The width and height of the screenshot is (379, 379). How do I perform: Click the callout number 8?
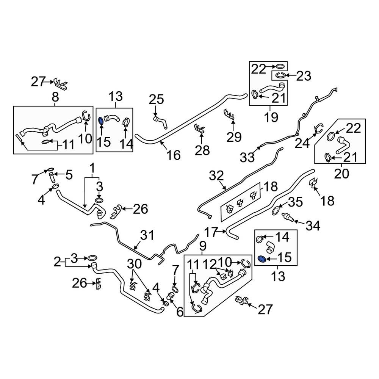(x=55, y=97)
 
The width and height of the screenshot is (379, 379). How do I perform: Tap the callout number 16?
(x=173, y=155)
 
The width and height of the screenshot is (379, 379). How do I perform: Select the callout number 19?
(x=271, y=117)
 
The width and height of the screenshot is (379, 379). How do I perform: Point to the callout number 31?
(x=147, y=235)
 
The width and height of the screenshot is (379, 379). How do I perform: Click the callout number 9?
(x=203, y=246)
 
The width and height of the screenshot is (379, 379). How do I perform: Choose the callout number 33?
(x=247, y=158)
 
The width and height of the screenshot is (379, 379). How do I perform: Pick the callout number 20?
(x=341, y=174)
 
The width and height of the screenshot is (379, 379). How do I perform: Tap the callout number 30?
(x=135, y=264)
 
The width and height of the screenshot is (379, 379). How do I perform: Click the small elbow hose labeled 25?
(x=161, y=122)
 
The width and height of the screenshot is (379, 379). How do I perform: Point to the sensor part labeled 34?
(x=288, y=217)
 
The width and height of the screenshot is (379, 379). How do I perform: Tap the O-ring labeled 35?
(x=276, y=210)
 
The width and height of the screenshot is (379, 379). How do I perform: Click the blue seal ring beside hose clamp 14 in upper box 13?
(x=101, y=121)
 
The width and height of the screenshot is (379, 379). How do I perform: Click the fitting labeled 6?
(x=171, y=296)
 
